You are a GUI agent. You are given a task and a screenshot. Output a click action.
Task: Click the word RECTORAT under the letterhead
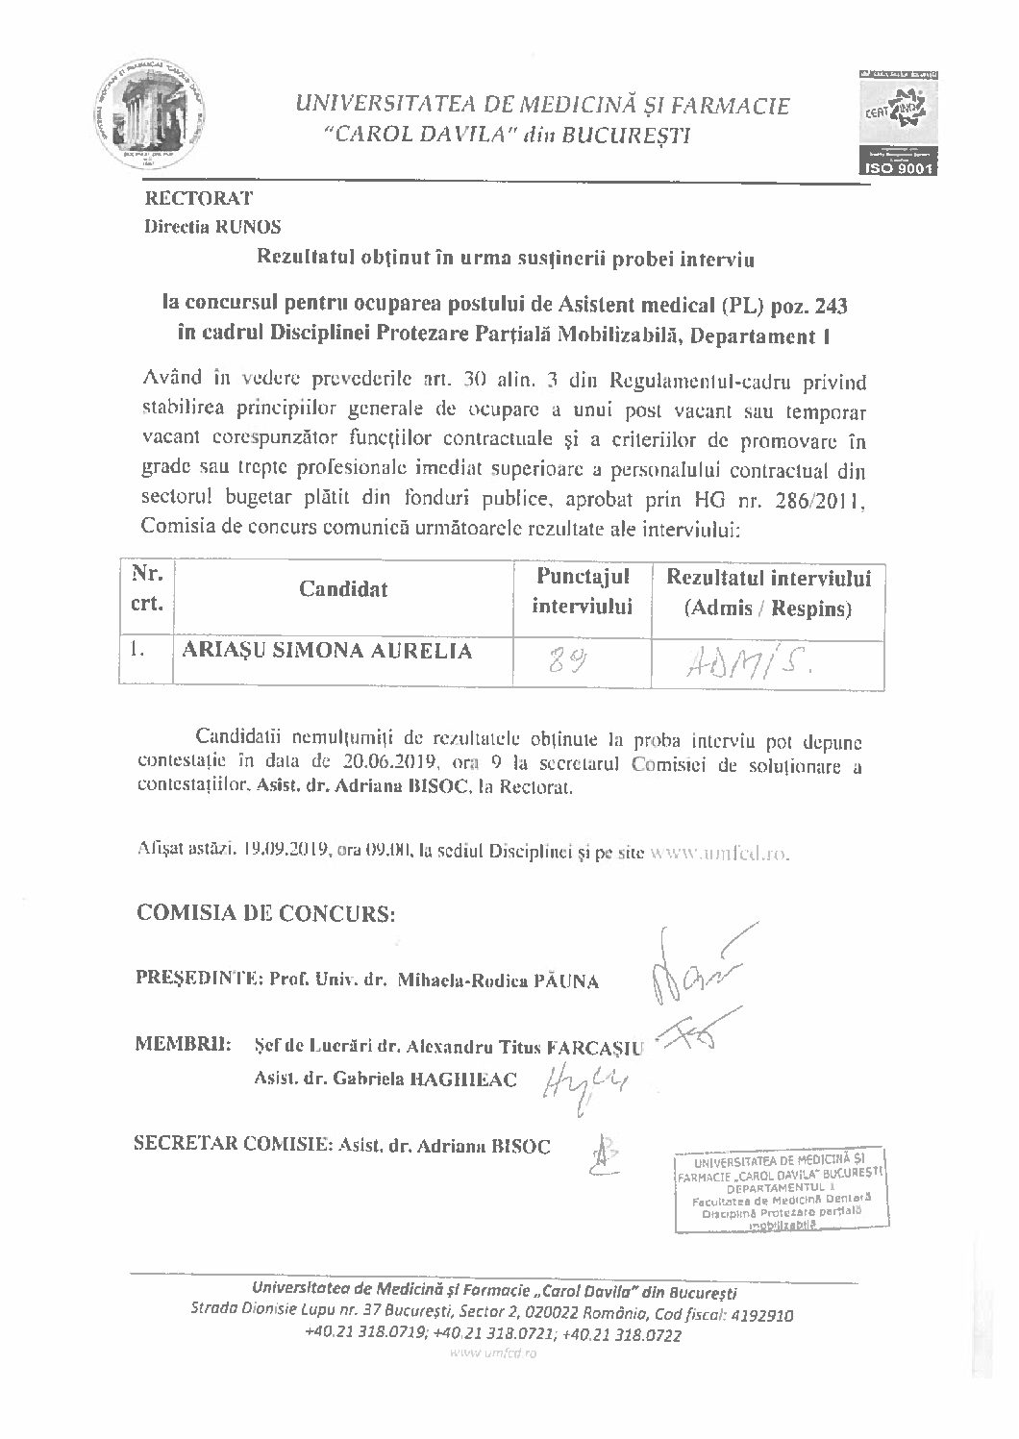point(198,199)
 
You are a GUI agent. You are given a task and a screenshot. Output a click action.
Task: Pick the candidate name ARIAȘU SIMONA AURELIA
point(328,651)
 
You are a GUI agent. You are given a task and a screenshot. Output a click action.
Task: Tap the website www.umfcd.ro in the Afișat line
point(721,852)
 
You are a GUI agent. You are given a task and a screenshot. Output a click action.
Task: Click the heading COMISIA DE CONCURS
point(266,912)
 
